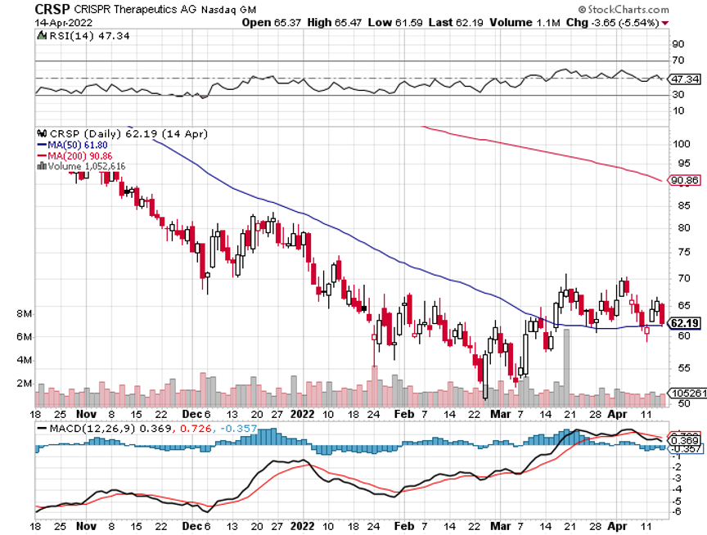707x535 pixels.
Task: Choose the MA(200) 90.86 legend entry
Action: (x=73, y=155)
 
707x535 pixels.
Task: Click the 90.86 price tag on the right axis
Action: (x=685, y=180)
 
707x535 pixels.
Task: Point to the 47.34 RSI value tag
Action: (x=685, y=79)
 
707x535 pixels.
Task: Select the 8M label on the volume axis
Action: (x=23, y=314)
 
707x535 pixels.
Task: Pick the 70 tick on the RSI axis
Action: (x=678, y=61)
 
